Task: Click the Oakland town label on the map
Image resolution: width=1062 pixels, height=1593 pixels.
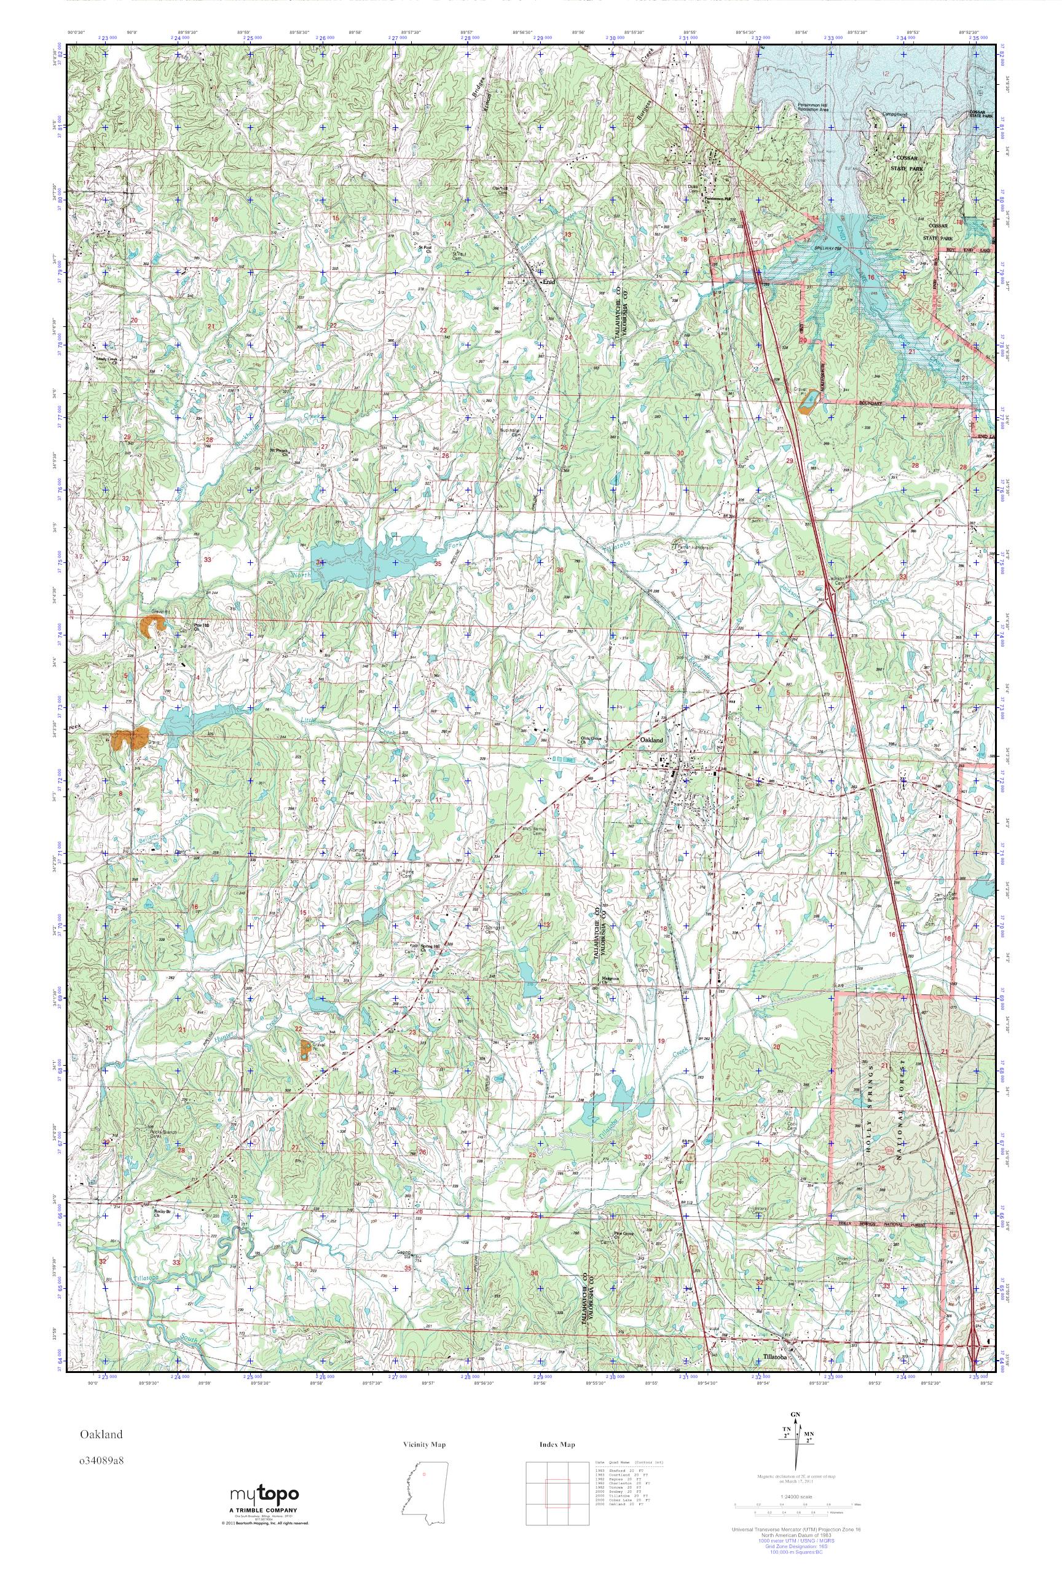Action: point(651,741)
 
